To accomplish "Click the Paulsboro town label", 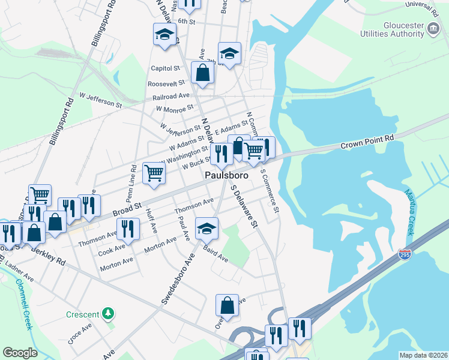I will click(226, 175).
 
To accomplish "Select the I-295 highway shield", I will click(404, 254).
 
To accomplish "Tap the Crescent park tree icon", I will click(107, 313).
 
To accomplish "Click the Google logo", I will click(20, 353).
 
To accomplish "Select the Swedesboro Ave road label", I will click(178, 278).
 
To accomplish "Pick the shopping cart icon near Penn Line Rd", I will click(154, 173).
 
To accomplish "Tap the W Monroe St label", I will click(174, 109).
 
